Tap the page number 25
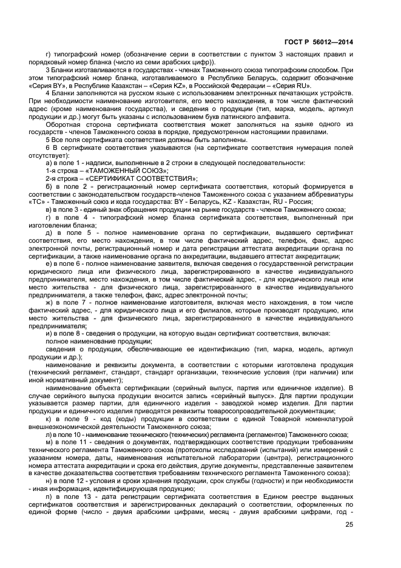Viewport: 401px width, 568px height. tap(349, 525)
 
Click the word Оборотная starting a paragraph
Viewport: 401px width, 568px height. tap(65, 124)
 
